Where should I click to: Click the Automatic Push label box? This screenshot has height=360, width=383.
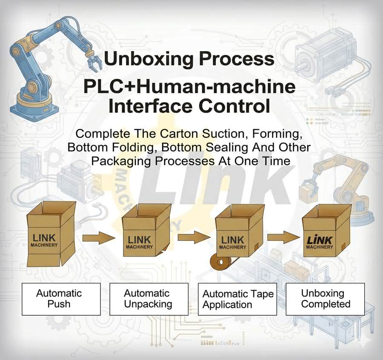(x=61, y=299)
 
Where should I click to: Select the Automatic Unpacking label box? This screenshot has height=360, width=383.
(x=149, y=299)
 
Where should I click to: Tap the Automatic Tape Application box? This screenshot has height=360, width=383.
(x=237, y=299)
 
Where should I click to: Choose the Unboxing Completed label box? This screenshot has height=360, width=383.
(x=326, y=299)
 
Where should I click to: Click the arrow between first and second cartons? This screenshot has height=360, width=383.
(x=99, y=237)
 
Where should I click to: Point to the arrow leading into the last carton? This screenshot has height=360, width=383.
(x=284, y=237)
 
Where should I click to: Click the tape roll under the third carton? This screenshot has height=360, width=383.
(x=220, y=262)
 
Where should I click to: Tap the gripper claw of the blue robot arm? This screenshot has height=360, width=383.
(x=94, y=61)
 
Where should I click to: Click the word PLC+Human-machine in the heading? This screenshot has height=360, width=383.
(x=189, y=87)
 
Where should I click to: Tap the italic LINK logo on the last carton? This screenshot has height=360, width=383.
(x=320, y=240)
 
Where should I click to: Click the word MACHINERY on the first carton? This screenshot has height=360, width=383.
(x=44, y=245)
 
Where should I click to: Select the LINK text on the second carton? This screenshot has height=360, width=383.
(x=139, y=240)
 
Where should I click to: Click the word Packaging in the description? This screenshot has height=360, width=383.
(x=121, y=161)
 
